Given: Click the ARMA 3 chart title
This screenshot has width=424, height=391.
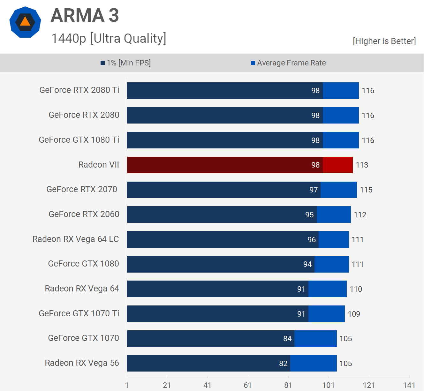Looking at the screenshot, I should click(x=85, y=15).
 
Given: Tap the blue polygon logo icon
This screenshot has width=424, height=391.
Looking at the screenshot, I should click(x=25, y=22).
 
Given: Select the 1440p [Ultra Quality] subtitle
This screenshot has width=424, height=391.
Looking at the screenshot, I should click(x=109, y=38).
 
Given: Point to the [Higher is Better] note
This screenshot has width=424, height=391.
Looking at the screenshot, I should click(x=384, y=41).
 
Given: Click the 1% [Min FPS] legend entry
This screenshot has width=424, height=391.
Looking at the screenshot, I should click(x=125, y=63).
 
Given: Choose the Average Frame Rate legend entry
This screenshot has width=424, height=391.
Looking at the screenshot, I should click(x=288, y=63).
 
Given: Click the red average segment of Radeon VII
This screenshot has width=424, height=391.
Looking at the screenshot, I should click(x=338, y=165).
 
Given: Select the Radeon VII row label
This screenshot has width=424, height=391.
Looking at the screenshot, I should click(x=99, y=165).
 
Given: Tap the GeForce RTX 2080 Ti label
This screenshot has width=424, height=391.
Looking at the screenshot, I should click(x=79, y=90).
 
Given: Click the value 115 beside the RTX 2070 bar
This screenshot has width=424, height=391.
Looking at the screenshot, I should click(x=366, y=190).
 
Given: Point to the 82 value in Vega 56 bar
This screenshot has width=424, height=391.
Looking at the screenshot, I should click(x=283, y=364).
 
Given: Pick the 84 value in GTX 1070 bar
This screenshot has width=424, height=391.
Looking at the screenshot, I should click(x=287, y=339).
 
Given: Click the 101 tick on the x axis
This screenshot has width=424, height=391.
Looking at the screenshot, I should click(x=328, y=385).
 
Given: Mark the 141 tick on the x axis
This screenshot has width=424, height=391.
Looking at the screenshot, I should click(x=409, y=385).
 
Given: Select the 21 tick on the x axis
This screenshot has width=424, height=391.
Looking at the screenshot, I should click(x=167, y=385).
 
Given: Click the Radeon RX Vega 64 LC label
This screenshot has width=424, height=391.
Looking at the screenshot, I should click(x=76, y=239).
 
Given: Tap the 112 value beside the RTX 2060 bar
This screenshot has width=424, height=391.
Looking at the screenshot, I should click(x=360, y=215).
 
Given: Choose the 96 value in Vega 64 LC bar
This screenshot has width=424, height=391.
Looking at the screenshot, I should click(x=312, y=240).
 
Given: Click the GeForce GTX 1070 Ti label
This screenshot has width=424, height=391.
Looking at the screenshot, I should click(x=79, y=313).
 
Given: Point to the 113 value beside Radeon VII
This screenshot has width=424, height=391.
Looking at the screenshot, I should click(x=362, y=165).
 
